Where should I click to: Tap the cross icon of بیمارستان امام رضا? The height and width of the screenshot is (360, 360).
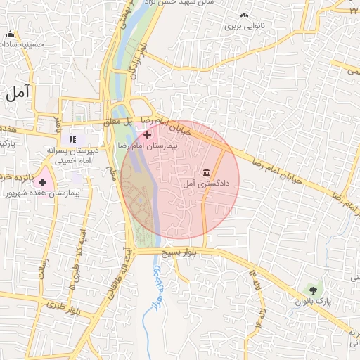147,134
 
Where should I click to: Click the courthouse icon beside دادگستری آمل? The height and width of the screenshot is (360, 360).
206,172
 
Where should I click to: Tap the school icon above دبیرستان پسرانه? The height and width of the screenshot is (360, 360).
72,139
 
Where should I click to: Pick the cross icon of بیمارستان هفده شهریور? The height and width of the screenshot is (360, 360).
43,182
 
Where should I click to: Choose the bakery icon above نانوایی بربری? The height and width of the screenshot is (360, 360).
243,15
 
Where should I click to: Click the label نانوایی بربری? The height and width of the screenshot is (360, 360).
243,26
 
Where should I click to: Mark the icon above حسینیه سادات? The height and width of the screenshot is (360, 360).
10,34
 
